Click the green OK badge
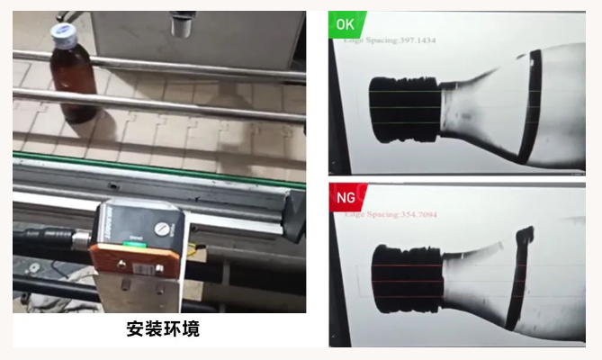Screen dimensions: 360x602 pyautogui.click(x=345, y=24)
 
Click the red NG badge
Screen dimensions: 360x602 pyautogui.click(x=345, y=196)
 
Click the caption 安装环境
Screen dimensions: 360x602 pyautogui.click(x=163, y=329)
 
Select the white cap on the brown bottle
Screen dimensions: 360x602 pyautogui.click(x=62, y=34)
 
